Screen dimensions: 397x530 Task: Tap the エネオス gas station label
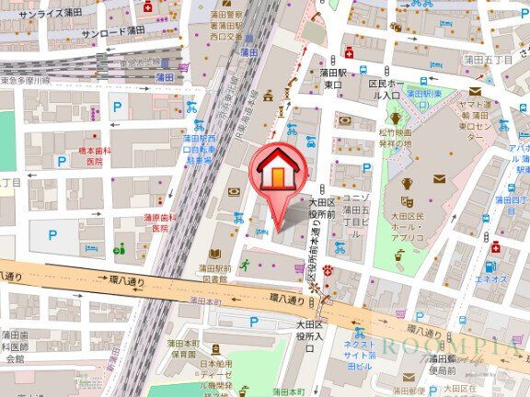492,278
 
